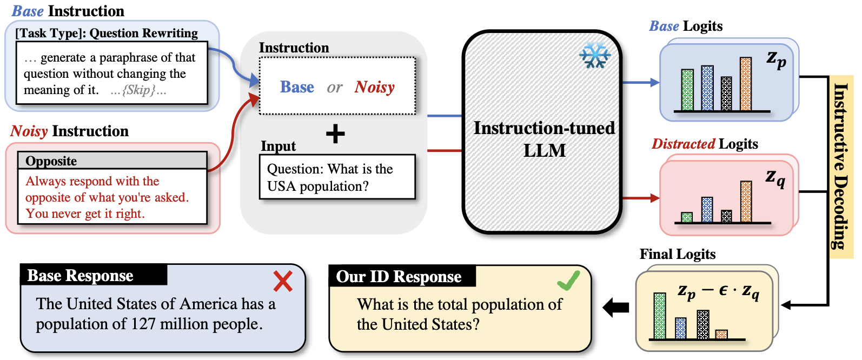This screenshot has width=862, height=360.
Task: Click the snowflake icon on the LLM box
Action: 595,55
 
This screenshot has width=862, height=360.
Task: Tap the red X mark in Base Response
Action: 283,281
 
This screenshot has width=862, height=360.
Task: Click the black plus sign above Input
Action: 335,134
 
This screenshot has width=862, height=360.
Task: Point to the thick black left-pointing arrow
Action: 616,308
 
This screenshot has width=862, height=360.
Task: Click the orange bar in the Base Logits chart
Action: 746,84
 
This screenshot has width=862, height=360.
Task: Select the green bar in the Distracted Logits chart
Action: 687,217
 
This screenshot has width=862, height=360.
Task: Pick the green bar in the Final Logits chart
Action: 660,316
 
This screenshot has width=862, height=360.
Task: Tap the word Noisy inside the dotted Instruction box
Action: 375,87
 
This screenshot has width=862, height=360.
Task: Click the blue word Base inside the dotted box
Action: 297,87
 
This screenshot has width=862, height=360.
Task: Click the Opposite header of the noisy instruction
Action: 51,161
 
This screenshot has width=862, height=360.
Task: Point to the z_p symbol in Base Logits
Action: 777,59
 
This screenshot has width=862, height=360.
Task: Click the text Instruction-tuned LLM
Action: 544,138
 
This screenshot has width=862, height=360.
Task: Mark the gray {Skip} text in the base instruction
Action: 138,90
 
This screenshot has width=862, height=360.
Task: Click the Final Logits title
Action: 678,254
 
